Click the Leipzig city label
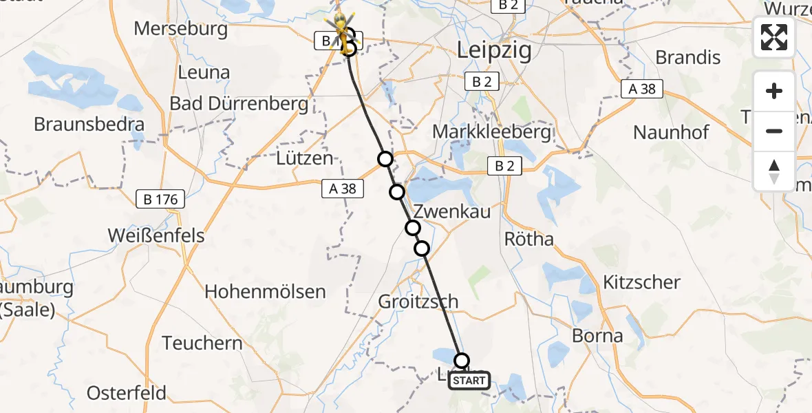[495, 51]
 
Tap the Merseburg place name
[181, 29]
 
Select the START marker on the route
[469, 381]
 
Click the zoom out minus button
[774, 131]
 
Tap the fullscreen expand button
[774, 37]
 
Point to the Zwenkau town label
[451, 211]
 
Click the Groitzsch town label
[418, 301]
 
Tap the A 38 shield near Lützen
[342, 187]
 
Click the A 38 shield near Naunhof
[643, 88]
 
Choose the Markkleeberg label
[493, 131]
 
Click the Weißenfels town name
[156, 235]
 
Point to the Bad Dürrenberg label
[239, 105]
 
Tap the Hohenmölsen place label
[265, 291]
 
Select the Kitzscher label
[641, 282]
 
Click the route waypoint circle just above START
[462, 360]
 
